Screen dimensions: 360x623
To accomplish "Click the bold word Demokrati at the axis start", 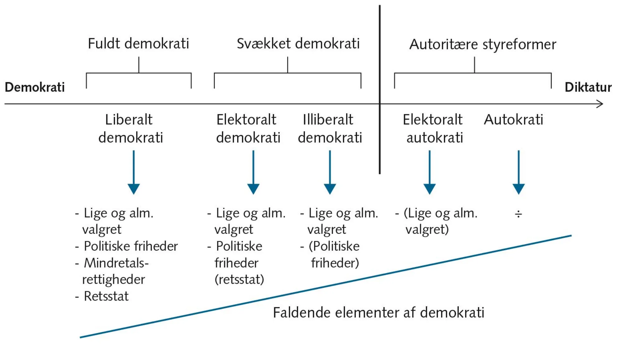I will pyautogui.click(x=35, y=87).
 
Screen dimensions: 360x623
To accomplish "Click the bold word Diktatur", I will pyautogui.click(x=588, y=87).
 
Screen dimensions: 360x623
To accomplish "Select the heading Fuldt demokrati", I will pyautogui.click(x=138, y=44).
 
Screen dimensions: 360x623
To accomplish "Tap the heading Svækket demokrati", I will pyautogui.click(x=298, y=44).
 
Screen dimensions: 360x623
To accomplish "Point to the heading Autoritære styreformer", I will pyautogui.click(x=483, y=44).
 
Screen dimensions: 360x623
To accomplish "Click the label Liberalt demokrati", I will pyautogui.click(x=130, y=128).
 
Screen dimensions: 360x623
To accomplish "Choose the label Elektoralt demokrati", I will pyautogui.click(x=248, y=128).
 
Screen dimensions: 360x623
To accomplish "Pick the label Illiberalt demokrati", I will pyautogui.click(x=329, y=128).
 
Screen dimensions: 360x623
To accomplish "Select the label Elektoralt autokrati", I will pyautogui.click(x=433, y=128).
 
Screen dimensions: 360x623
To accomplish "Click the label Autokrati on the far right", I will pyautogui.click(x=513, y=120).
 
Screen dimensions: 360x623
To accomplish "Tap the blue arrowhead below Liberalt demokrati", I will pyautogui.click(x=134, y=189).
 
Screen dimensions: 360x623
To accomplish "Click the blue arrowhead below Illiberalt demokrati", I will pyautogui.click(x=330, y=189).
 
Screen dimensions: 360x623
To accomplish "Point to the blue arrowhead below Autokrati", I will pyautogui.click(x=519, y=189).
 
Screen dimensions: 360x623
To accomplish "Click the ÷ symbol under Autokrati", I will pyautogui.click(x=518, y=214).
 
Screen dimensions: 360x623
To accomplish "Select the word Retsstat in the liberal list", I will pyautogui.click(x=106, y=296).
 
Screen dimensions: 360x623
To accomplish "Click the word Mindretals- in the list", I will pyautogui.click(x=116, y=263).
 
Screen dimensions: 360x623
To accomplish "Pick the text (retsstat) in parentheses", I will pyautogui.click(x=239, y=279).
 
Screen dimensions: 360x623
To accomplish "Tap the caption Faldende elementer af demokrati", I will pyautogui.click(x=378, y=313).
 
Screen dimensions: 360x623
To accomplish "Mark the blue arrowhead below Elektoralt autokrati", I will pyautogui.click(x=430, y=189).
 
